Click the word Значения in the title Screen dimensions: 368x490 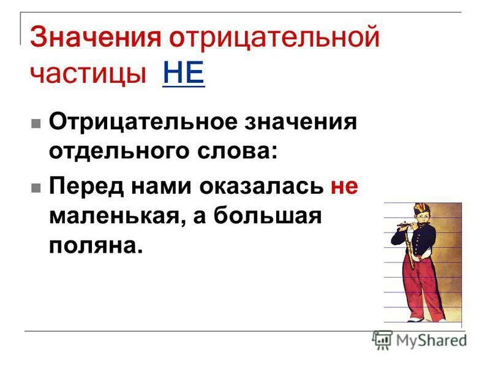tap(96, 38)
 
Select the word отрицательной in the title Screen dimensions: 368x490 tap(275, 38)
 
